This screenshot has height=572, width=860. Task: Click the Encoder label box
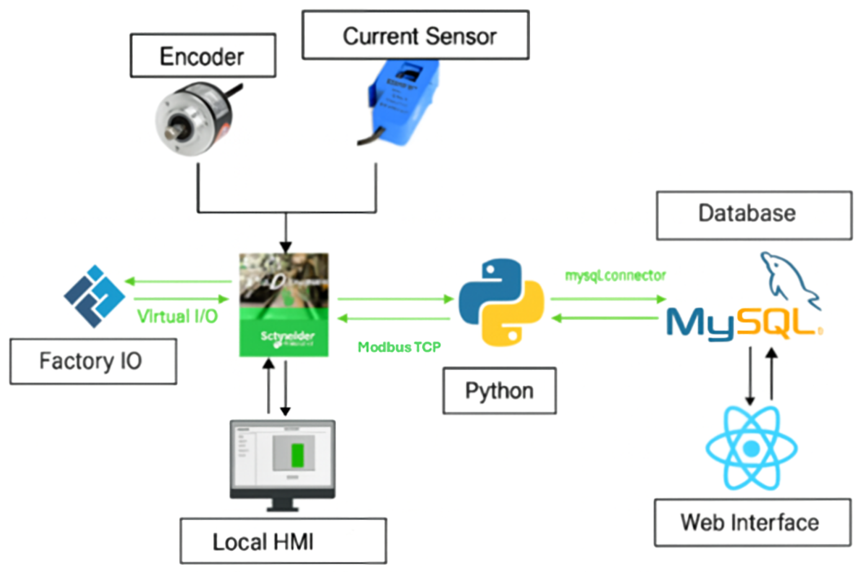coord(203,55)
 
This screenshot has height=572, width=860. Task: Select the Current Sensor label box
coord(415,35)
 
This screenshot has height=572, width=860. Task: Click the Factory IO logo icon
coord(95,296)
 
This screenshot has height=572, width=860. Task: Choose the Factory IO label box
coord(94,361)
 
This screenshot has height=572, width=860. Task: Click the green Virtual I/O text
coord(177,316)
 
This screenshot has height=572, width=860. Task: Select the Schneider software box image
coord(283,305)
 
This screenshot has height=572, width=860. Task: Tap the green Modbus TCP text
coord(399,347)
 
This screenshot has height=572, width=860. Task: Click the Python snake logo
coord(501,302)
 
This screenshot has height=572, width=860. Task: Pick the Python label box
coord(500,391)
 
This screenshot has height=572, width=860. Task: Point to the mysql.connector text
coord(615,276)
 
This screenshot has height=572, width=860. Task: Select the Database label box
coord(754,215)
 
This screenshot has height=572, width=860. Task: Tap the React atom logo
coord(751,448)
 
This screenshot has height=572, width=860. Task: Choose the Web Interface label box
coord(752,522)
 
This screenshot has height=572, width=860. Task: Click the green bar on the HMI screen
coord(297,455)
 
